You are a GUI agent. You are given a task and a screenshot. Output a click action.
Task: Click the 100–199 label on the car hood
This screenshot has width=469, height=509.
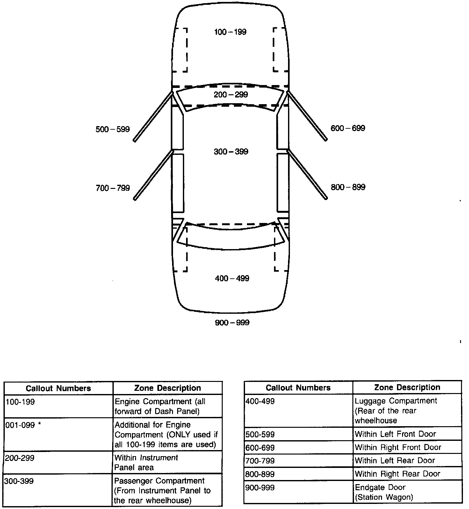pyautogui.click(x=230, y=32)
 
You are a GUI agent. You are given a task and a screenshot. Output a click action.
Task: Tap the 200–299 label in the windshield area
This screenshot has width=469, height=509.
pyautogui.click(x=231, y=95)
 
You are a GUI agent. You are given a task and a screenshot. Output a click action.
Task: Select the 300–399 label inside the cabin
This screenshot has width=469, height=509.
pyautogui.click(x=231, y=152)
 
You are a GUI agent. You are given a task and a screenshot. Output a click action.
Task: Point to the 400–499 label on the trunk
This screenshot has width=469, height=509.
pyautogui.click(x=232, y=278)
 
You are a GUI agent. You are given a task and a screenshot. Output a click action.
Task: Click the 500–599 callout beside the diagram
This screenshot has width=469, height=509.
pyautogui.click(x=113, y=129)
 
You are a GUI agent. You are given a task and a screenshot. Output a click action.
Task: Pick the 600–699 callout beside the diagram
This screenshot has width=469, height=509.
pyautogui.click(x=348, y=128)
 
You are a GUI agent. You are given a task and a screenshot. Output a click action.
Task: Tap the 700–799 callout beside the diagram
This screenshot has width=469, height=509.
pyautogui.click(x=113, y=188)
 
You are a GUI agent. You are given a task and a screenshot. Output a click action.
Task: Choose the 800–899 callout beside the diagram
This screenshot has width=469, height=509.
pyautogui.click(x=348, y=187)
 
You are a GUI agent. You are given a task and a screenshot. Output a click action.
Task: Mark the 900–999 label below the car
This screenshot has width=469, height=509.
pyautogui.click(x=232, y=323)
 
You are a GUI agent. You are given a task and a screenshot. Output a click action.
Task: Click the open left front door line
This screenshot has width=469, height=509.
pyautogui.click(x=153, y=116)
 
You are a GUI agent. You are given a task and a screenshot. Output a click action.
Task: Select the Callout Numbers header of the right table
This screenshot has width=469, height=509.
pyautogui.click(x=298, y=388)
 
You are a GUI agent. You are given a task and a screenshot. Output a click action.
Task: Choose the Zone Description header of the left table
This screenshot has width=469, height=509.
pyautogui.click(x=168, y=388)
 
